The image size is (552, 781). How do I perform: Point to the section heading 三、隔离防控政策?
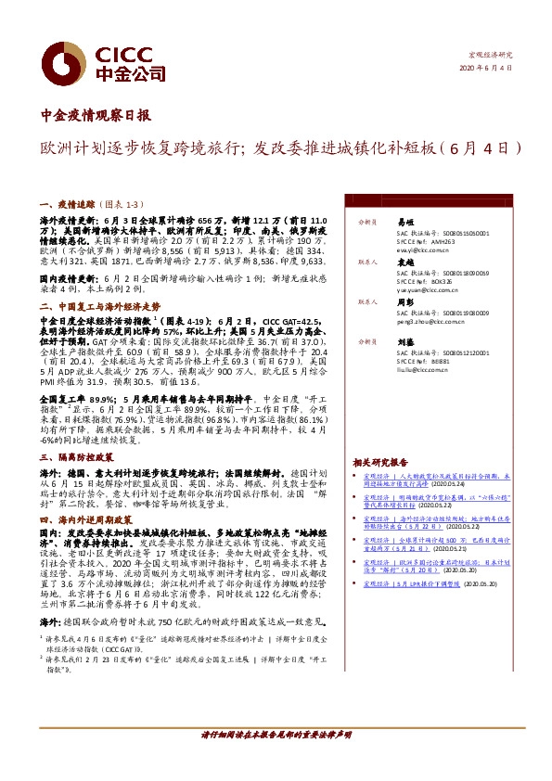point(76,457)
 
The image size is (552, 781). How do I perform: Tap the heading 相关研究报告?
point(380,461)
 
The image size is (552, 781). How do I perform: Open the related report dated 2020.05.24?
point(431,482)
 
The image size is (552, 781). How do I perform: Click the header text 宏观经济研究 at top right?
point(490,55)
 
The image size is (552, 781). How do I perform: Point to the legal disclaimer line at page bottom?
point(276,760)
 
